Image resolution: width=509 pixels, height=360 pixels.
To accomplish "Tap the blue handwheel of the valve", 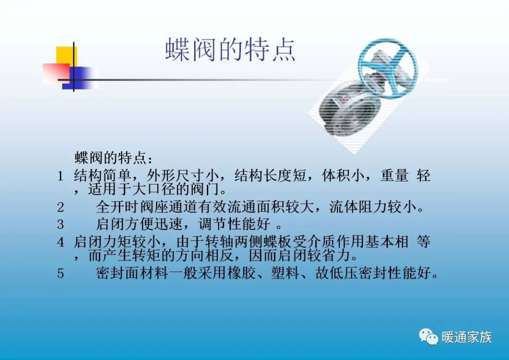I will [x=387, y=68].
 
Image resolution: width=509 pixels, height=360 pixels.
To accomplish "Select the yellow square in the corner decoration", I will [x=66, y=56].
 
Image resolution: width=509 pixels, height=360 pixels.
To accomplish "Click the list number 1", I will [x=60, y=177].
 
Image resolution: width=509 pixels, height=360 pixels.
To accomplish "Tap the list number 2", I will [x=60, y=207].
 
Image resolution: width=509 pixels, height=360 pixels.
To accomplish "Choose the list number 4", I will [x=60, y=242].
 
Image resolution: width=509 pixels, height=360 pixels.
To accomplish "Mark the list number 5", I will [x=60, y=273].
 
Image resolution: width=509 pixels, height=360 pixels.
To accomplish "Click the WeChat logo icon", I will [x=428, y=337].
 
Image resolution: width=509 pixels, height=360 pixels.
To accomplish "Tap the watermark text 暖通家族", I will [x=467, y=337].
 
